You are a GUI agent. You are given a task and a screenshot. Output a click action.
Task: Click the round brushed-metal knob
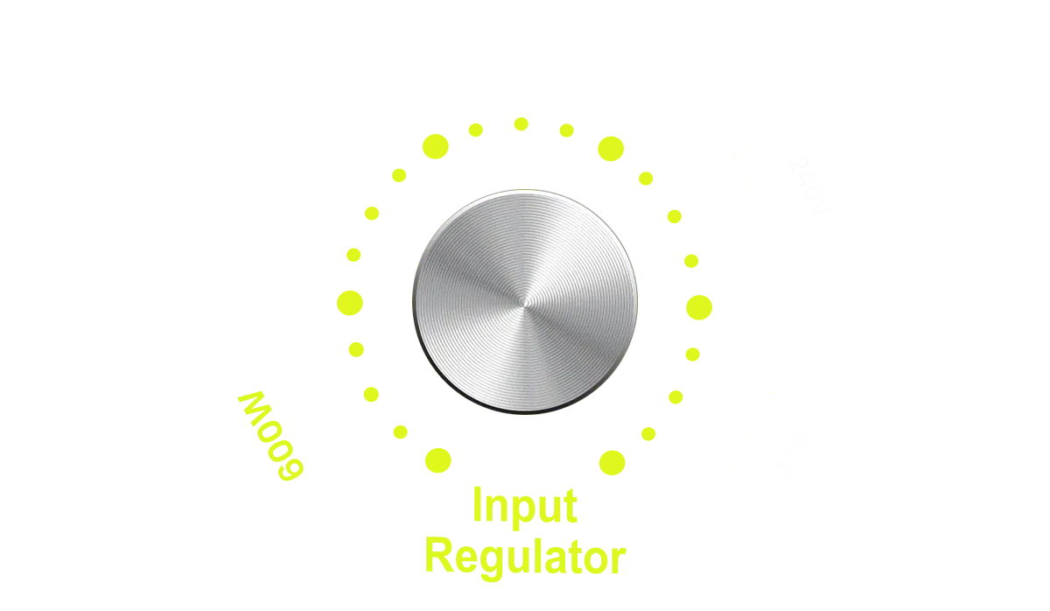coord(525,300)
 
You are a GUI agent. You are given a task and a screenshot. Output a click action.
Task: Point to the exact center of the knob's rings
coord(523,301)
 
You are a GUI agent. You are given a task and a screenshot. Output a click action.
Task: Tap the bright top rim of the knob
coord(525,193)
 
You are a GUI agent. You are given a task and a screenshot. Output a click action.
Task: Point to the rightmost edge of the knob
coord(636,301)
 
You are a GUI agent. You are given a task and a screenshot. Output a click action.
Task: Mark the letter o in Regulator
coord(591,558)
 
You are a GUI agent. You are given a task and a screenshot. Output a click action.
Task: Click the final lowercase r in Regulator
coord(616,558)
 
